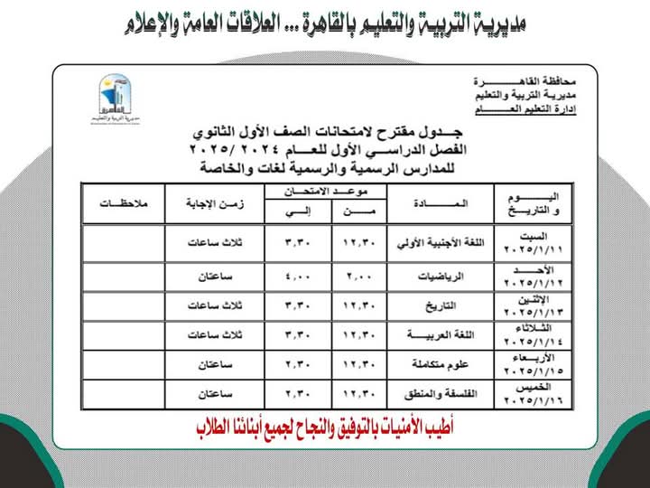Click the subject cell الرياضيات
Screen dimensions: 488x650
click(x=441, y=277)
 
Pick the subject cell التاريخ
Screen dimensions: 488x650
click(x=441, y=305)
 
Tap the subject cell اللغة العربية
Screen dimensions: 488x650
click(x=441, y=335)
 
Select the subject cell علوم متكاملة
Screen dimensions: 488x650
click(x=441, y=364)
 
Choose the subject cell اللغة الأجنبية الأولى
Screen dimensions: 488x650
click(x=441, y=244)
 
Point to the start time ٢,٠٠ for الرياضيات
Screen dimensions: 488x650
click(x=358, y=277)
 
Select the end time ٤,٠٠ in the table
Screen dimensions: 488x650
click(x=295, y=277)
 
